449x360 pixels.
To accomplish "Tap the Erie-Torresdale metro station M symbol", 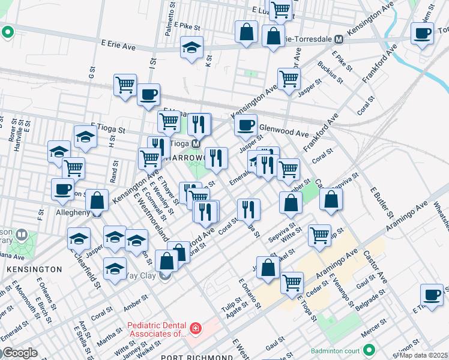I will (x=339, y=40).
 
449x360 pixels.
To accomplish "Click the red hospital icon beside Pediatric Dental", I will (x=195, y=329).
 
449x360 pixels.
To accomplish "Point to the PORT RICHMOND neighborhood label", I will (x=197, y=358).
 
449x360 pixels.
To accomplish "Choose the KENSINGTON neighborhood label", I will (x=35, y=270).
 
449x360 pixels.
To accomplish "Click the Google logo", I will (x=20, y=353).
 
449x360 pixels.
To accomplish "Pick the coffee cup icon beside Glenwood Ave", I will (x=245, y=125).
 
